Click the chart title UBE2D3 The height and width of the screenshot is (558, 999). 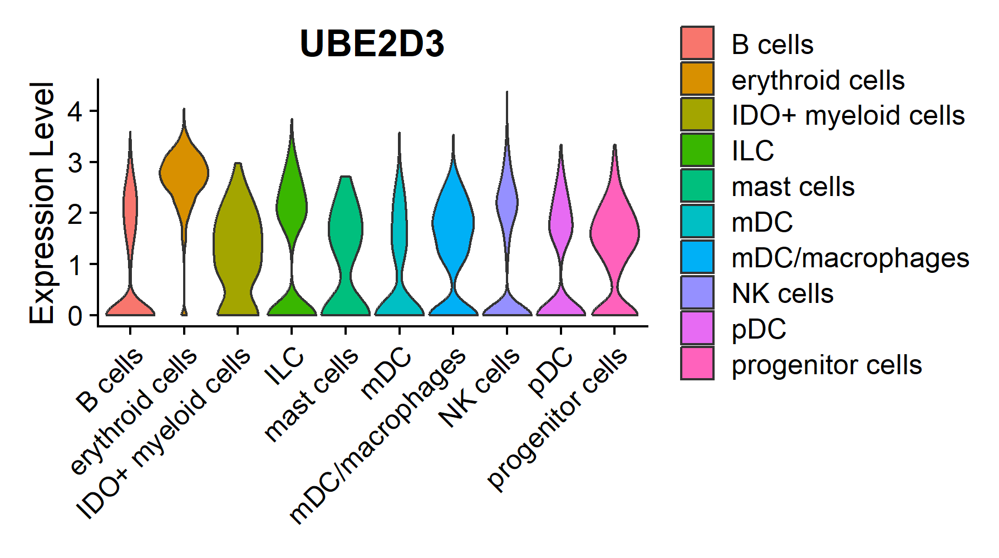coord(372,44)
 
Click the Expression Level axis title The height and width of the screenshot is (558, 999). coord(42,203)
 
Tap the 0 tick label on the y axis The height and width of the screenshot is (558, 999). coord(75,316)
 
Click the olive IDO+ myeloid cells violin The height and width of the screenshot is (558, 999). coord(238,239)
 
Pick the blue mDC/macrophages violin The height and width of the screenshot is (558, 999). coord(453,223)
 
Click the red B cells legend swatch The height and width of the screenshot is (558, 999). coord(697,43)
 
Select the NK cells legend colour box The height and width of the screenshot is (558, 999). coord(697,292)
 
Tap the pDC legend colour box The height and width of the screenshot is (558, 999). coord(697,328)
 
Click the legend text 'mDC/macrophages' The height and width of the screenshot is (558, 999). coord(850,258)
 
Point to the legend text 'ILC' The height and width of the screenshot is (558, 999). coord(752,151)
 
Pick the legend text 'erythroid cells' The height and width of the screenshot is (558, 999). coord(818,80)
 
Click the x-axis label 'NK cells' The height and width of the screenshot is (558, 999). coord(480,388)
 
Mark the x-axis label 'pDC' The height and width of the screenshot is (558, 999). coord(551,371)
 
